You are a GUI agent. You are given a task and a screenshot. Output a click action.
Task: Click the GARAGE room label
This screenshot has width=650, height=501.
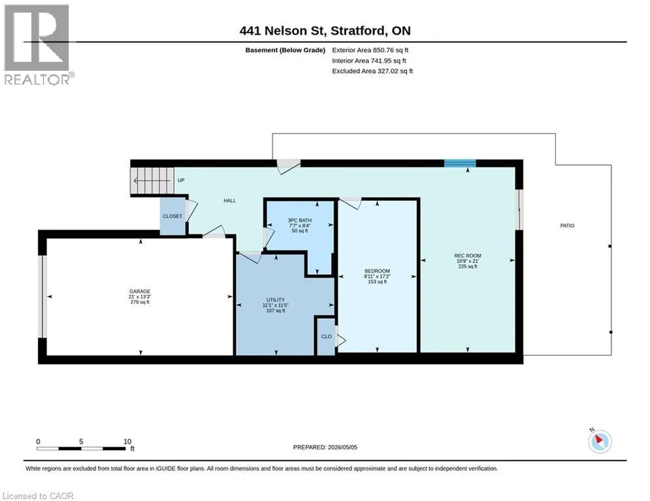pyautogui.click(x=140, y=292)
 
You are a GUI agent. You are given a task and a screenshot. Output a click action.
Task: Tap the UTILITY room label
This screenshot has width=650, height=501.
pyautogui.click(x=276, y=300)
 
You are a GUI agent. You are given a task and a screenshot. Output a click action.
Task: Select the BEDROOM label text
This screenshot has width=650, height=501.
pyautogui.click(x=377, y=271)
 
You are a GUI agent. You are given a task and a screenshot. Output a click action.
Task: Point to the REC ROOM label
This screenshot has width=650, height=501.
pyautogui.click(x=468, y=256)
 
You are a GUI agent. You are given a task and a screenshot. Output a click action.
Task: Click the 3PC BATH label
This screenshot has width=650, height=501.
pyautogui.click(x=300, y=220)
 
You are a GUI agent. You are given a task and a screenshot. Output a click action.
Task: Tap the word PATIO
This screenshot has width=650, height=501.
pyautogui.click(x=568, y=226)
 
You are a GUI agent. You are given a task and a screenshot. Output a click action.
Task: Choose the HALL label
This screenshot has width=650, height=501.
pyautogui.click(x=230, y=201)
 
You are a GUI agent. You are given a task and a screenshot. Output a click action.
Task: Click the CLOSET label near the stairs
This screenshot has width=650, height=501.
pyautogui.click(x=172, y=216)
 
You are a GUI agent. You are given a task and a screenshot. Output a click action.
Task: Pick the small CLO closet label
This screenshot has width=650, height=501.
pyautogui.click(x=327, y=337)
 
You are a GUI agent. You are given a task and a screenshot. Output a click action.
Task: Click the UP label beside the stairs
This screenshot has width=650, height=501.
pyautogui.click(x=181, y=181)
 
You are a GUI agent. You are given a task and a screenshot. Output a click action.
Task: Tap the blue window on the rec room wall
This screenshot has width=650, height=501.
pyautogui.click(x=460, y=163)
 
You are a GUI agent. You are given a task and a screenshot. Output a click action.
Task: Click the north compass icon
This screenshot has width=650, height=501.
pyautogui.click(x=600, y=441)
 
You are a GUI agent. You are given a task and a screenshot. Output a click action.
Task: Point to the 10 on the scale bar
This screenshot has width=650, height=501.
pyautogui.click(x=127, y=442)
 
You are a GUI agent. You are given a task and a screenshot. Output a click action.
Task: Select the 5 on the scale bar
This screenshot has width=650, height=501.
pyautogui.click(x=81, y=442)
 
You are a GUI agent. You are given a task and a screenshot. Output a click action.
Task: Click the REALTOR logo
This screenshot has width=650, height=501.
pyautogui.click(x=38, y=45)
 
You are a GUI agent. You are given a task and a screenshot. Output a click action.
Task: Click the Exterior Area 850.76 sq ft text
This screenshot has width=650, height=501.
pyautogui.click(x=370, y=50)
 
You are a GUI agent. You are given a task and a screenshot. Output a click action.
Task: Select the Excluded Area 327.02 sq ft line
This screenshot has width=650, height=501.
pyautogui.click(x=372, y=71)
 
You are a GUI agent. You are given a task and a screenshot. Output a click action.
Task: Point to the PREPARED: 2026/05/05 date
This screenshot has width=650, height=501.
pyautogui.click(x=325, y=447)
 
